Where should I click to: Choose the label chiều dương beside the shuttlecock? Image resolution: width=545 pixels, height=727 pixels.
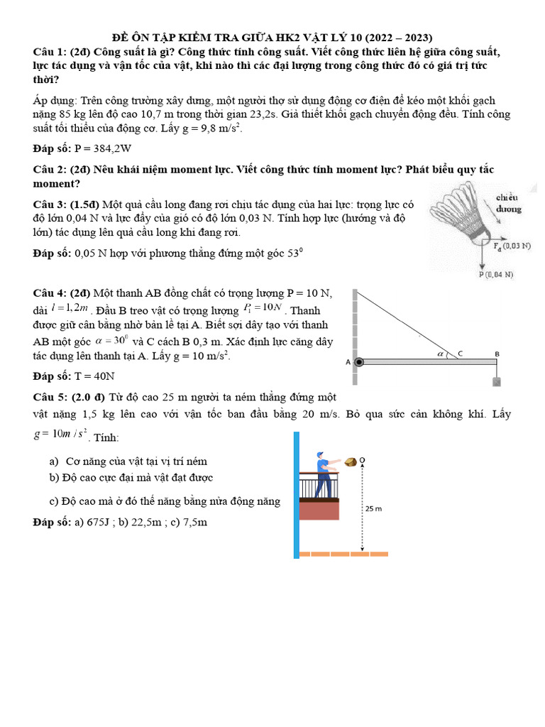coord(508,202)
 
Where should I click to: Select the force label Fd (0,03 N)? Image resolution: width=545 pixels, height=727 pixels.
coord(512,246)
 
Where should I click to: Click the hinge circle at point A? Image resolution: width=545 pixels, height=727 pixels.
coord(359,361)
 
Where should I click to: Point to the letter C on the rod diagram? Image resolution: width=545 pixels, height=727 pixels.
coord(460,353)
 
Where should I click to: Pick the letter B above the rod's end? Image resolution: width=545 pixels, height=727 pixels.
coord(497,353)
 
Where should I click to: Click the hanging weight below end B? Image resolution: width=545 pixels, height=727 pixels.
coord(497,382)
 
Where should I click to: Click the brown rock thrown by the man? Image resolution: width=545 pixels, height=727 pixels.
coord(349,463)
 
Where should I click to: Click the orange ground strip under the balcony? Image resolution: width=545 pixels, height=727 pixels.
coord(343,553)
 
